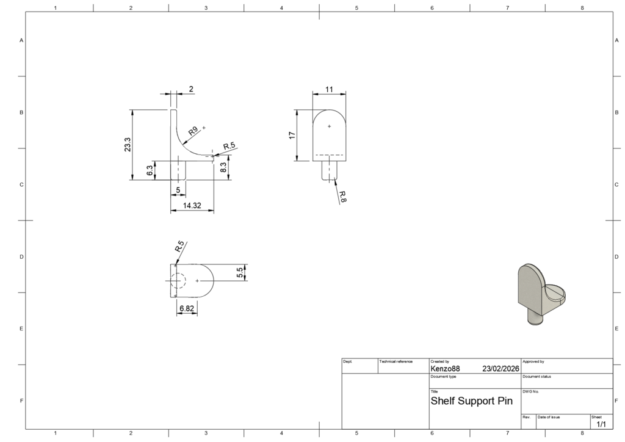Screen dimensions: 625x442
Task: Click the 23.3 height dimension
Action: point(128,145)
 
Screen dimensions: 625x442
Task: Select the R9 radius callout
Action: point(193,131)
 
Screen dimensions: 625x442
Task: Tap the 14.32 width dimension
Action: point(192,206)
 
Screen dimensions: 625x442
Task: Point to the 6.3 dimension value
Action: point(150,170)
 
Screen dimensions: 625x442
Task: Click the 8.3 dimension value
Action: point(223,167)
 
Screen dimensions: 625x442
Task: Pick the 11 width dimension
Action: point(329,89)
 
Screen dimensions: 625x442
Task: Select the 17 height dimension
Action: point(292,136)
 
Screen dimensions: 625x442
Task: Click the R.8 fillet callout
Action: point(342,196)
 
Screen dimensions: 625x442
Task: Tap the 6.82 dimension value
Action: point(187,308)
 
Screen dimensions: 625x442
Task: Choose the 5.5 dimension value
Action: point(239,273)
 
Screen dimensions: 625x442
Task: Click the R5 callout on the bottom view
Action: point(179,246)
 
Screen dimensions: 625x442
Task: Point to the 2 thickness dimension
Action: point(191,89)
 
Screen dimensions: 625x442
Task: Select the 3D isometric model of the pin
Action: point(541,294)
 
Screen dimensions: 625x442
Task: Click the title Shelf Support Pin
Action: point(472,401)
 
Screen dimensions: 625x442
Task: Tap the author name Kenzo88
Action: point(445,369)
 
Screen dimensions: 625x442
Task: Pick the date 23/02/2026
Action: point(500,369)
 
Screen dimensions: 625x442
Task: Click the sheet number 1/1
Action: point(601,424)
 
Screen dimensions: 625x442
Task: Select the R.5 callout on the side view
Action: point(229,147)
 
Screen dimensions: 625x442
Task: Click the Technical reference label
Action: point(396,361)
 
